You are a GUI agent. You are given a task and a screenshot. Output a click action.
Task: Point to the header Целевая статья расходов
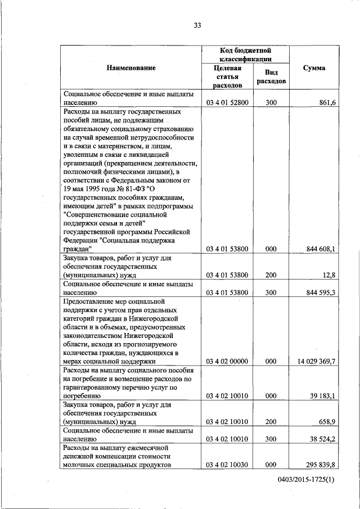point(227,76)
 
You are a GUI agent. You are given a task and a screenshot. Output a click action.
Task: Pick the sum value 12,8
point(328,275)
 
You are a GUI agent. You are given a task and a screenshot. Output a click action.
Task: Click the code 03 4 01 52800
point(227,103)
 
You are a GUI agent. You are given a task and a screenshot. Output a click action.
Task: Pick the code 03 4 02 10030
point(227,465)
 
